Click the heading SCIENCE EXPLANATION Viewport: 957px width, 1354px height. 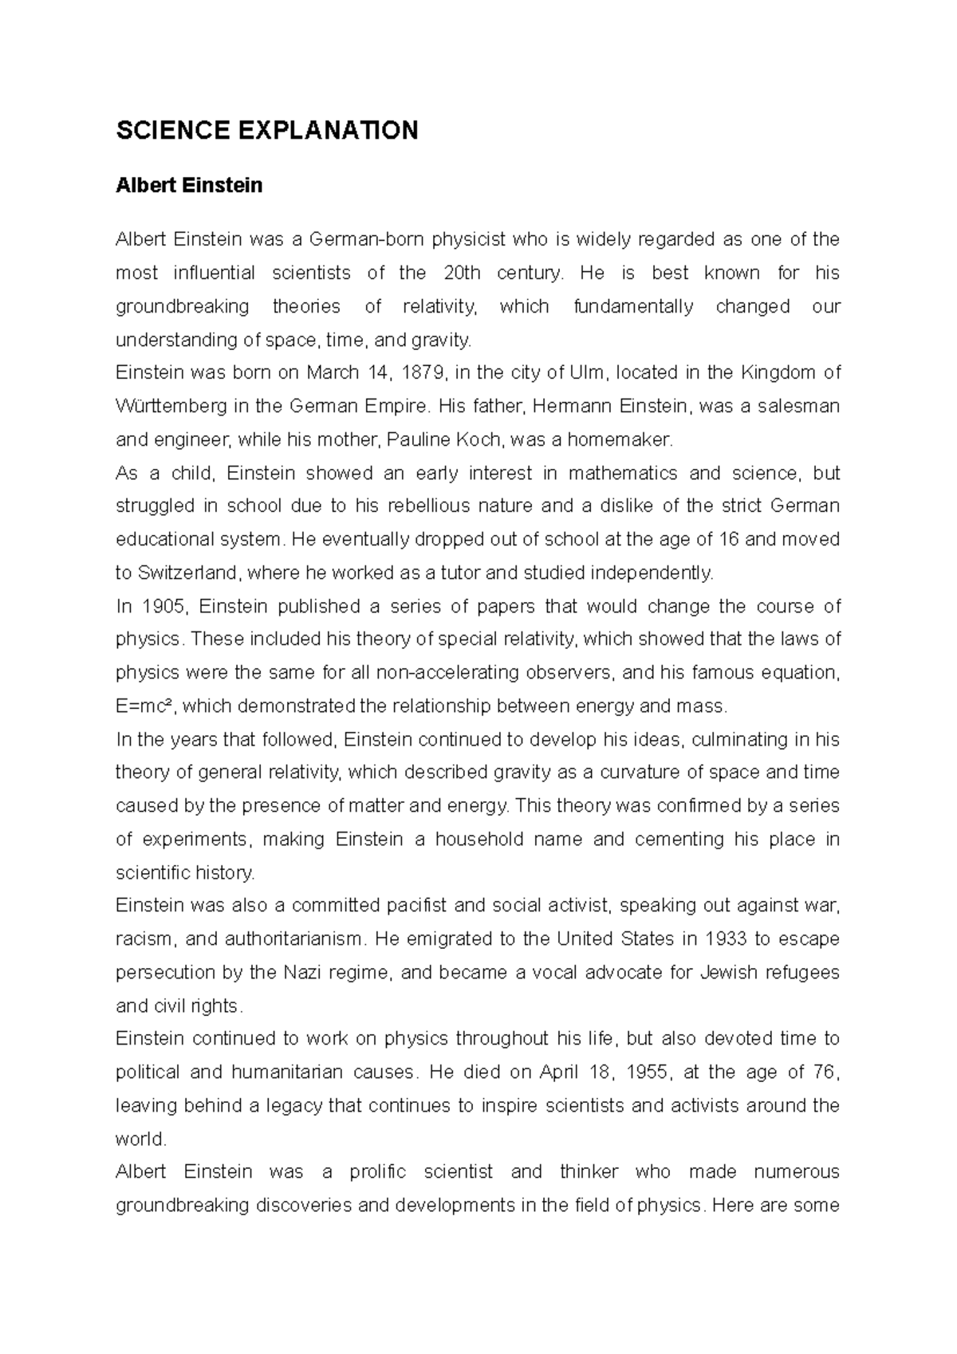[267, 131]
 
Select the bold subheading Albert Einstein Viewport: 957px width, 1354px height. [189, 186]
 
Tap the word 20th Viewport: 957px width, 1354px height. [461, 273]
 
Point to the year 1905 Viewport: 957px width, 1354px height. [167, 607]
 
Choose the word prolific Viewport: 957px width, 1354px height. [377, 1172]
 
